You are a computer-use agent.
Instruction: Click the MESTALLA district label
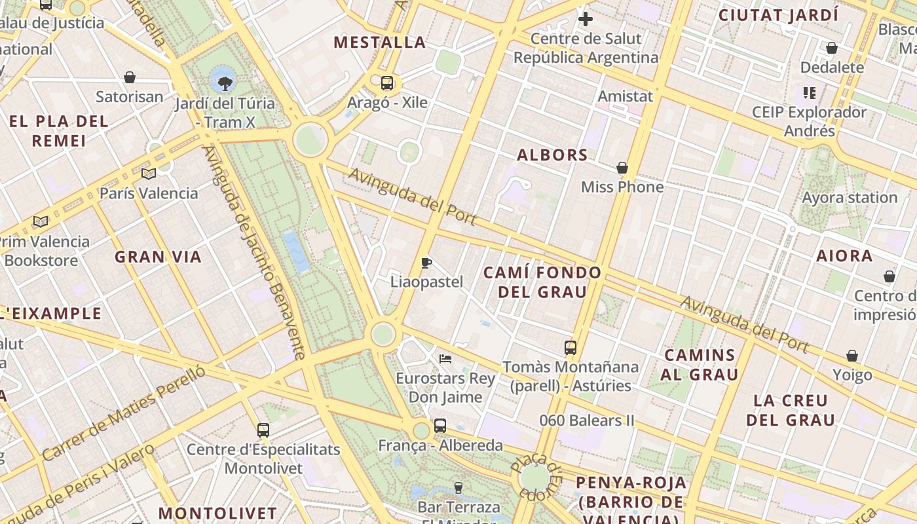coord(380,43)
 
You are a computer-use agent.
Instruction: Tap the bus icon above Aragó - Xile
coord(387,83)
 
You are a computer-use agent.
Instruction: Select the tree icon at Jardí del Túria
coord(225,83)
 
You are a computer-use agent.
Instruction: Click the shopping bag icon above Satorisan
coord(130,77)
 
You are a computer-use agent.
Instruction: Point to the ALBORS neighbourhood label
coord(552,155)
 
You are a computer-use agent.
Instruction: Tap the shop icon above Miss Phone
coord(622,168)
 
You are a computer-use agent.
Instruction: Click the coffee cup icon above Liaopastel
coord(426,263)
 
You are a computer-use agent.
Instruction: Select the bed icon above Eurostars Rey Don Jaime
coord(445,358)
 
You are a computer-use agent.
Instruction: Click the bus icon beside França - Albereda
coord(440,426)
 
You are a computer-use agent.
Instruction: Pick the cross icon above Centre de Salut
coord(586,19)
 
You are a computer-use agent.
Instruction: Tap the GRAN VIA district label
coord(159,257)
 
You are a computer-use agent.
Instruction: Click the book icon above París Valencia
coord(149,174)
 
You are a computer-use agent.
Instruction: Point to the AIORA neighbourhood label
coord(844,256)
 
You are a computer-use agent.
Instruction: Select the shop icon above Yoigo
coord(852,356)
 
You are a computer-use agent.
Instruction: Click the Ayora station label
coord(850,198)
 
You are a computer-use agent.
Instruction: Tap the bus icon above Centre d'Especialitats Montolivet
coord(263,430)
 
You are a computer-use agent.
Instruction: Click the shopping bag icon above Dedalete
coord(832,48)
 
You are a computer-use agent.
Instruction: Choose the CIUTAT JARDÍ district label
coord(778,15)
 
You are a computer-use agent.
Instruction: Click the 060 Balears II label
coord(587,421)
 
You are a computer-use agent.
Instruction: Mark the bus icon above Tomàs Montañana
coord(571,348)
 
